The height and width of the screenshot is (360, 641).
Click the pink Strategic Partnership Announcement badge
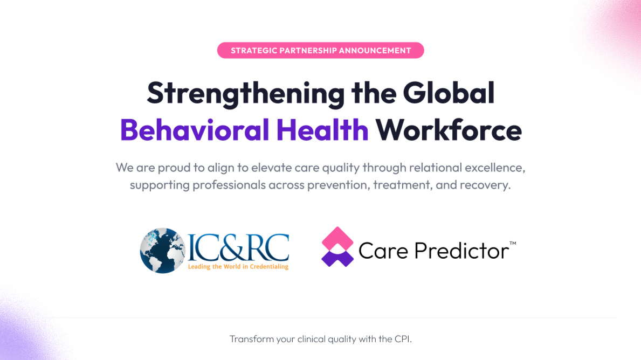(x=321, y=51)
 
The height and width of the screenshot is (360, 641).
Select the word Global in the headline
(x=449, y=93)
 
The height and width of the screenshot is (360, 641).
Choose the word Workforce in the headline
(x=449, y=130)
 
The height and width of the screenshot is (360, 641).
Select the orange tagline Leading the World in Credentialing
(x=238, y=266)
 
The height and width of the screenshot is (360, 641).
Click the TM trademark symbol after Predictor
(x=513, y=244)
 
